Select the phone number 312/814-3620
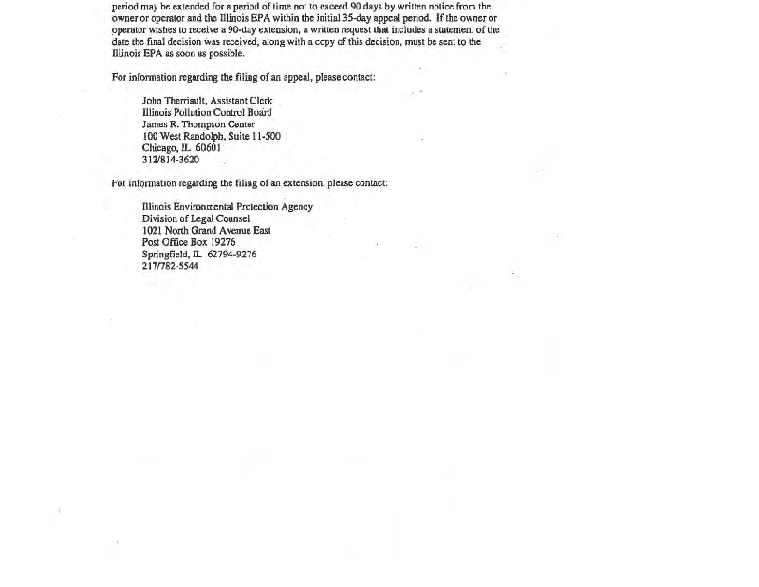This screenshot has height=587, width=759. [171, 160]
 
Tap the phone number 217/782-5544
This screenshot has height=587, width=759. [171, 266]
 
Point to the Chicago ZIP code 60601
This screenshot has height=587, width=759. [209, 148]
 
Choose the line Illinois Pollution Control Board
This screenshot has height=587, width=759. [207, 112]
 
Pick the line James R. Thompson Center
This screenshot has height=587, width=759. [198, 124]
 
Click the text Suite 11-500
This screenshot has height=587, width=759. [257, 136]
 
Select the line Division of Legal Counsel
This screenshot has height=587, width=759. [195, 218]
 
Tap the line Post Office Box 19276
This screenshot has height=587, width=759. [189, 242]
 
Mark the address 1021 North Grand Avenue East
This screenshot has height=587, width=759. [206, 231]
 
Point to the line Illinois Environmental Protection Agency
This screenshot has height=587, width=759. [228, 207]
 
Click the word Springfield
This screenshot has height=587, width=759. [165, 255]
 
